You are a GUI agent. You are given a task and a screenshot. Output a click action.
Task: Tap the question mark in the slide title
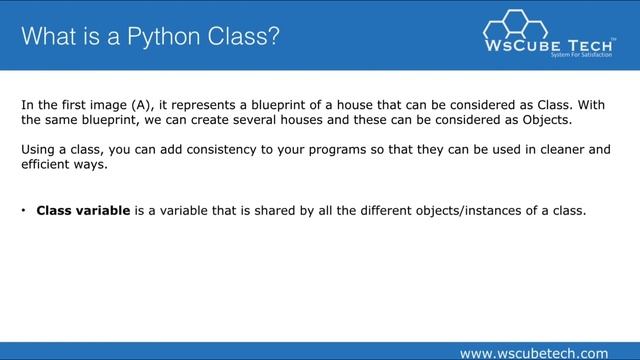coord(273,38)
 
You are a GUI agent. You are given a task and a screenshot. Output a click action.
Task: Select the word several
coord(274,120)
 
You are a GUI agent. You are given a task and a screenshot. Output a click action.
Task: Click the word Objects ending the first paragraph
coord(541,120)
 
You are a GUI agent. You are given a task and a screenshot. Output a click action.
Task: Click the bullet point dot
coord(23,211)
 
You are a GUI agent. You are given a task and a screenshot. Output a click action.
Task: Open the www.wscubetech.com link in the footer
coord(532,352)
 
